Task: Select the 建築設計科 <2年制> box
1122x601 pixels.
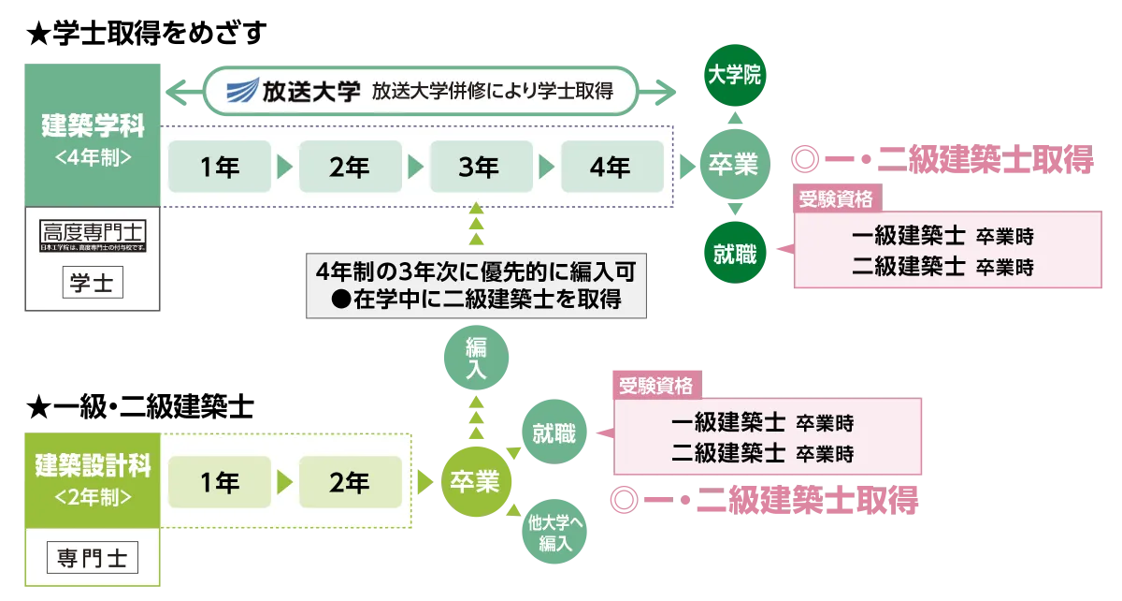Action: pos(92,477)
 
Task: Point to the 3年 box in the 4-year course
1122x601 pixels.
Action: pos(479,168)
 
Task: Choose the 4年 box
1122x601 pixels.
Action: pos(610,168)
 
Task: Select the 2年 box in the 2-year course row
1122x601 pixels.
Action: pos(350,483)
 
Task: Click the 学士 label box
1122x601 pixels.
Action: pos(92,282)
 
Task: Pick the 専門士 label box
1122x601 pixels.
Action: pos(92,559)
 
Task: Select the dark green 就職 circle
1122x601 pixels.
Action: pos(733,253)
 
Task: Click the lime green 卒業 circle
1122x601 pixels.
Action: pos(476,483)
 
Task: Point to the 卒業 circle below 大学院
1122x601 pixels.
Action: pos(733,165)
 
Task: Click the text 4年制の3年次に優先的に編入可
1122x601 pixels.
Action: pos(476,271)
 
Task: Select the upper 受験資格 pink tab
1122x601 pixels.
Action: pos(837,198)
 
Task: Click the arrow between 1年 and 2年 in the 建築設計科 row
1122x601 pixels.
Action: pos(284,483)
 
